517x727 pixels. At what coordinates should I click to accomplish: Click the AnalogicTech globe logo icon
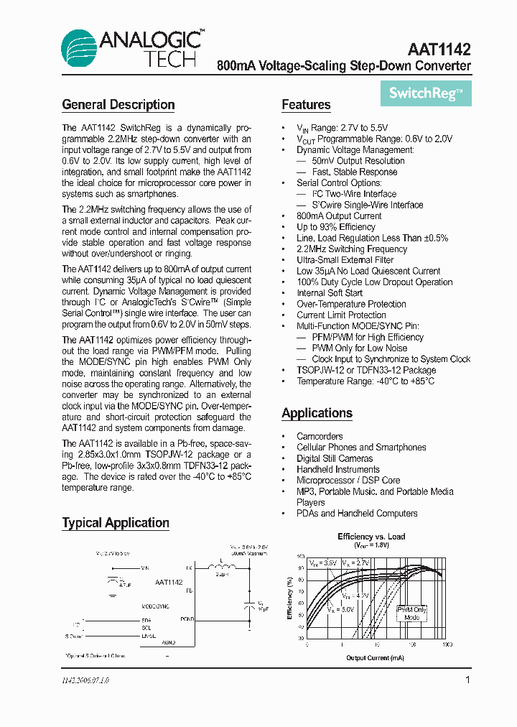pos(80,49)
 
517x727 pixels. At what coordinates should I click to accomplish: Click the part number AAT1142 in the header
pos(439,50)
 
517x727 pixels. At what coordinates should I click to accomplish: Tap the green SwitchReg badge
pos(426,93)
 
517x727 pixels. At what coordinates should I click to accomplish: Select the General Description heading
pos(118,105)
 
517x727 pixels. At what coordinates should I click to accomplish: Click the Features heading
pos(306,105)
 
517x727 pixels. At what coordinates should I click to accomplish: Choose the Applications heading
pos(317,413)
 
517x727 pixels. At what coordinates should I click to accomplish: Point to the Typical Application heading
pos(116,523)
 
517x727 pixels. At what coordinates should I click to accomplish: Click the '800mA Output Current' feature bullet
pos(339,216)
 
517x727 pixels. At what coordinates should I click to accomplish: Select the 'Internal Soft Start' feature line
pos(330,293)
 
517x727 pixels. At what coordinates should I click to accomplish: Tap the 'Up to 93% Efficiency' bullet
pos(336,227)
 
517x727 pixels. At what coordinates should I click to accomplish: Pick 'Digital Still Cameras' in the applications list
pos(335,458)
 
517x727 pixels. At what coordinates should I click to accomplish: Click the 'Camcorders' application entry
pos(320,436)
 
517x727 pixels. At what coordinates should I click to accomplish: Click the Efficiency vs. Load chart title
pos(371,537)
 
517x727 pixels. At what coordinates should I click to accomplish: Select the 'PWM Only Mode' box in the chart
pos(411,613)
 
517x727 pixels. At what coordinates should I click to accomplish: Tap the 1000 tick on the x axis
pos(447,645)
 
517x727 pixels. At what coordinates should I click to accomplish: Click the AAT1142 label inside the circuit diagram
pos(168,583)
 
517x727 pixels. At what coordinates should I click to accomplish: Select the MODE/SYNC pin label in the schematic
pos(154,606)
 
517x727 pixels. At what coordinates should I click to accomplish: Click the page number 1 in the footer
pos(467,680)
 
